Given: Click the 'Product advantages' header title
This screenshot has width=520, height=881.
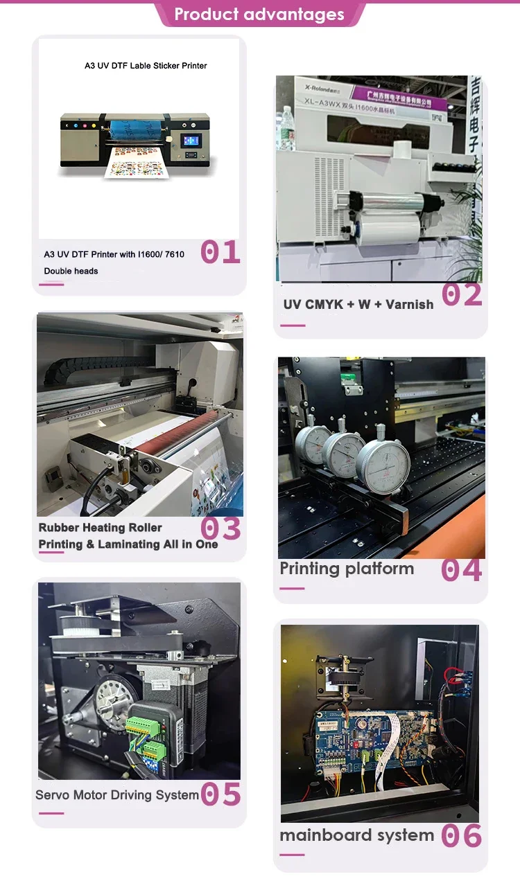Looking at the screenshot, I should point(259,15).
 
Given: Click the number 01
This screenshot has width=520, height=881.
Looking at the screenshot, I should point(220,252).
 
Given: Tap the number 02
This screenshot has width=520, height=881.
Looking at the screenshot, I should point(462,295).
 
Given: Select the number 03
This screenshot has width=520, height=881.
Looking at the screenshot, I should point(220,529).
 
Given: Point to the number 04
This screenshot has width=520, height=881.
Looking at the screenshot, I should point(461,570).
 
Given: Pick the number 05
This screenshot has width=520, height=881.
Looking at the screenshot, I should point(220,794).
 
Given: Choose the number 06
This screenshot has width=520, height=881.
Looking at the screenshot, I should point(461,836).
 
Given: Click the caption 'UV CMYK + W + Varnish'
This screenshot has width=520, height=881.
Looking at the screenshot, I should point(358,304).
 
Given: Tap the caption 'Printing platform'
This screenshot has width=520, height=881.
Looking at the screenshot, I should point(347,569).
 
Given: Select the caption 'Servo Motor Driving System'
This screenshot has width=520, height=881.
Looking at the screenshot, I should point(117,795).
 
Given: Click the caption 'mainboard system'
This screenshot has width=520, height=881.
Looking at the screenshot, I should point(356,835).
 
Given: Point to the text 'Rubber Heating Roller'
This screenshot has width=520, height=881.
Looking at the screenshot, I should point(101,528).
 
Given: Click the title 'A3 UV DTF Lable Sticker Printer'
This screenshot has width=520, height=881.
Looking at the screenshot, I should point(146,66).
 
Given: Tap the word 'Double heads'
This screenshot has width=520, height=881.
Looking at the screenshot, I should point(71,271).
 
